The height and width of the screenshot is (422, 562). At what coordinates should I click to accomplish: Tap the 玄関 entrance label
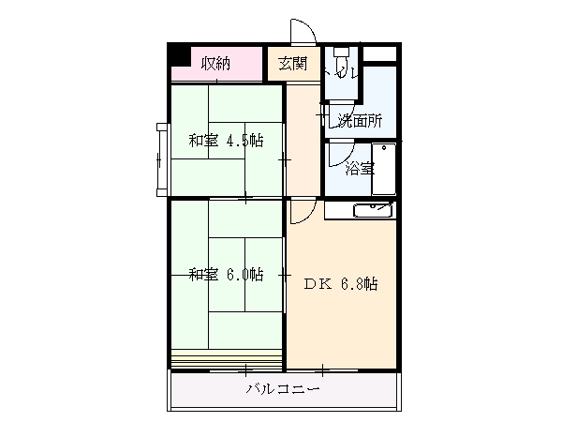(x=292, y=64)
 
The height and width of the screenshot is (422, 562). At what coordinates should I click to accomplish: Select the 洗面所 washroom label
(x=360, y=120)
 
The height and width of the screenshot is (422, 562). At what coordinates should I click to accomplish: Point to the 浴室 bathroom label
(x=360, y=169)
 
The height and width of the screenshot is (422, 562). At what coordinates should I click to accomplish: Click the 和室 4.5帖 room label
(x=225, y=141)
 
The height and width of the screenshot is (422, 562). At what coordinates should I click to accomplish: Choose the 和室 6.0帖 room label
(x=225, y=275)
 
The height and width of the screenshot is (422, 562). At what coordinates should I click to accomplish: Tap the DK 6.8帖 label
(x=340, y=283)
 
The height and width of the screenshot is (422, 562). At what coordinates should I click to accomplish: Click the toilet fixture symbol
(x=344, y=58)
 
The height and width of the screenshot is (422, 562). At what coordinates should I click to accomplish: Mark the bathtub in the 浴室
(x=384, y=170)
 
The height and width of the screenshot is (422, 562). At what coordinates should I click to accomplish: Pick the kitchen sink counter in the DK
(x=361, y=210)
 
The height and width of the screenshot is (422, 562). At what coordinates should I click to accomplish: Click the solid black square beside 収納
(x=178, y=54)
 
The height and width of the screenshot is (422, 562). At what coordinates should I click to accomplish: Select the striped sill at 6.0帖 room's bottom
(x=228, y=357)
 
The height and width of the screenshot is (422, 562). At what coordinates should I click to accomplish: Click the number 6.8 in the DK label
(x=361, y=283)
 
